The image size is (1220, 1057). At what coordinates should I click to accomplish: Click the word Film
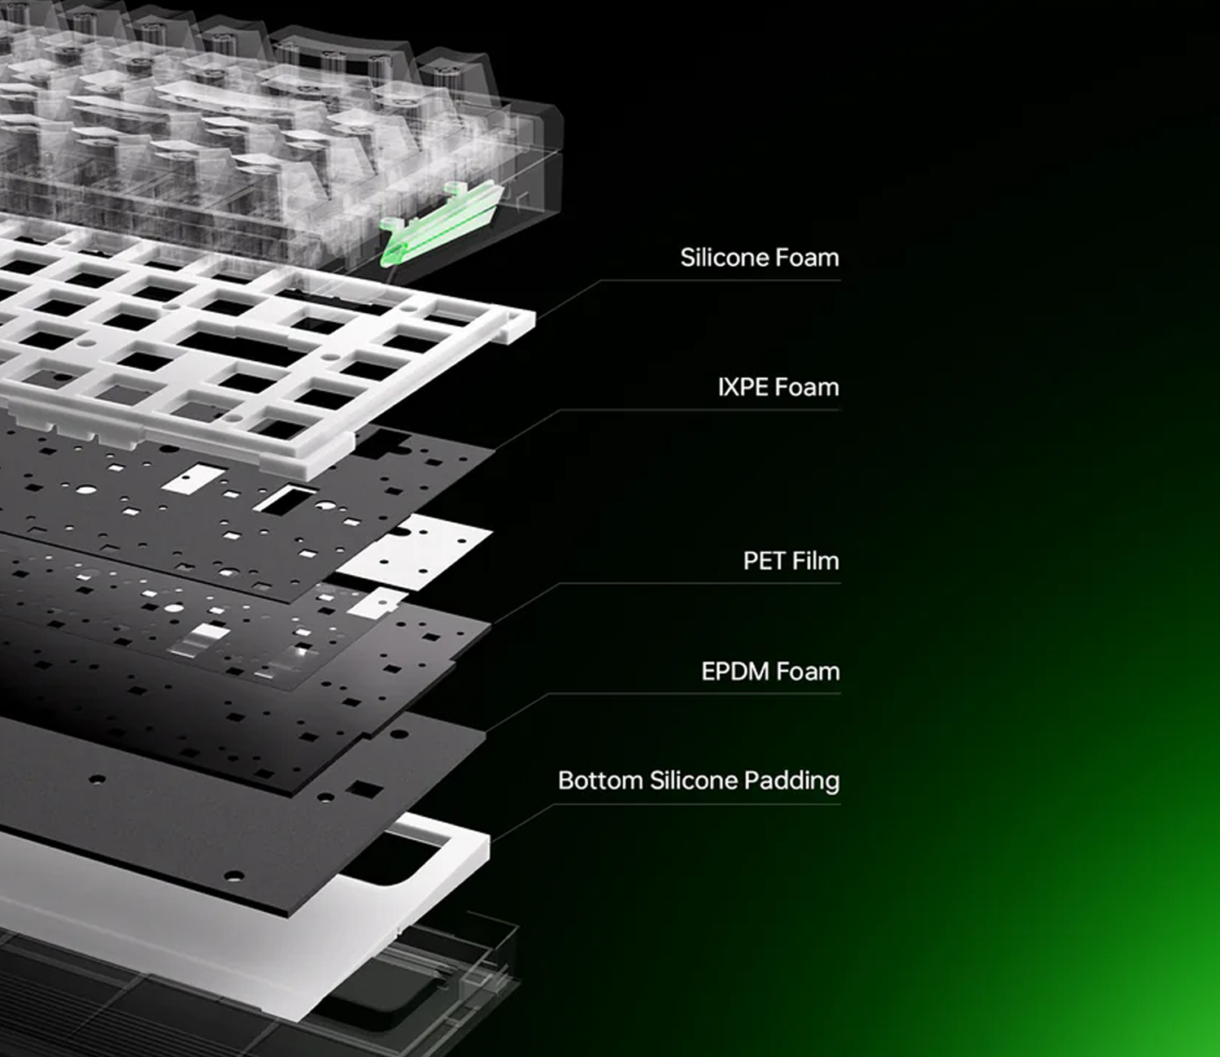pyautogui.click(x=815, y=561)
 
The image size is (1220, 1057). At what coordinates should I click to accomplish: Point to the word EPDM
pyautogui.click(x=734, y=672)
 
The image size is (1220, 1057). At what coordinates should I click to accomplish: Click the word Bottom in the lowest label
pyautogui.click(x=600, y=781)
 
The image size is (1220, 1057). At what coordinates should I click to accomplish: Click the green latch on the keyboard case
pyautogui.click(x=442, y=222)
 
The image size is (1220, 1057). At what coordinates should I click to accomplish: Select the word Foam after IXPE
pyautogui.click(x=807, y=387)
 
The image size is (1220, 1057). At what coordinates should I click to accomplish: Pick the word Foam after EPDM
pyautogui.click(x=808, y=672)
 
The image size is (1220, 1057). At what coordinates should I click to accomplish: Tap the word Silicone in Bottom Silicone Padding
pyautogui.click(x=693, y=781)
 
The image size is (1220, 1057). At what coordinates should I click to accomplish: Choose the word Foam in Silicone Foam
pyautogui.click(x=807, y=257)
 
